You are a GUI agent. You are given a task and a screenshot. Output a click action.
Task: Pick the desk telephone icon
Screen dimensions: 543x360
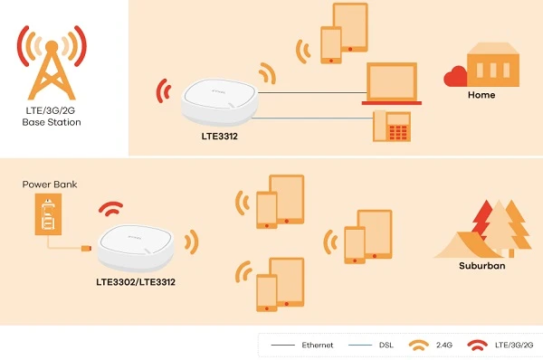393,128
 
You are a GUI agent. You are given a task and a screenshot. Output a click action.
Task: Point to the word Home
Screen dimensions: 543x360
481,94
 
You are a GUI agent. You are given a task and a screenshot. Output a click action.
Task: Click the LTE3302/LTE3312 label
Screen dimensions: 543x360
136,282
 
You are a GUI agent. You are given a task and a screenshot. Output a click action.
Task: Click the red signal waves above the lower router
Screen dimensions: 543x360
111,209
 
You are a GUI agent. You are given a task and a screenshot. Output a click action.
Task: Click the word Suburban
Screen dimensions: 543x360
481,267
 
